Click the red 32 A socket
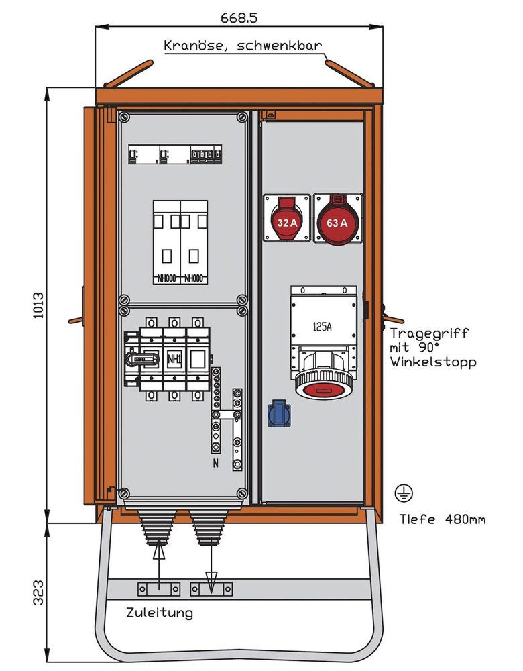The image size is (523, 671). (x=286, y=219)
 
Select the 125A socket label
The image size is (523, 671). (x=323, y=327)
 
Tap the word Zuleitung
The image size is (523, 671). (x=160, y=613)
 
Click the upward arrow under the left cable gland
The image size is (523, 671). (x=159, y=554)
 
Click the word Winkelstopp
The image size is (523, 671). (x=433, y=362)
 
